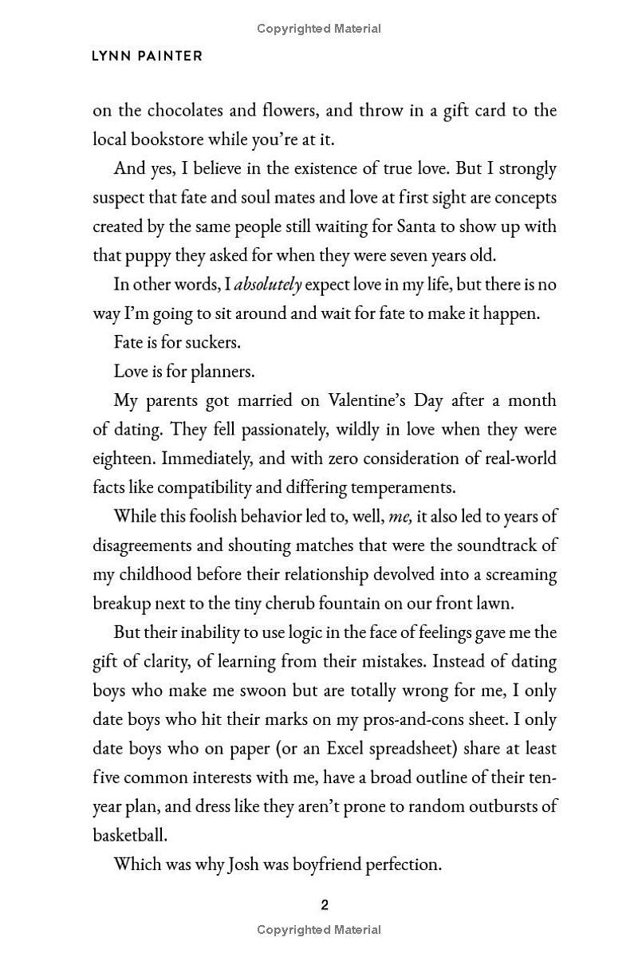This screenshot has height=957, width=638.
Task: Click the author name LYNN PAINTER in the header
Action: (148, 56)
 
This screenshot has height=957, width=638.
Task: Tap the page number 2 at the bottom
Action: (324, 904)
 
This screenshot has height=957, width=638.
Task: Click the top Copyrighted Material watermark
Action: (319, 29)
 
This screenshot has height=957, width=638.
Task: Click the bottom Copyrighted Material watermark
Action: (319, 929)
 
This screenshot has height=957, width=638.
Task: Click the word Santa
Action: (415, 226)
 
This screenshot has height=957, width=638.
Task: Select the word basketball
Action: (129, 835)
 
